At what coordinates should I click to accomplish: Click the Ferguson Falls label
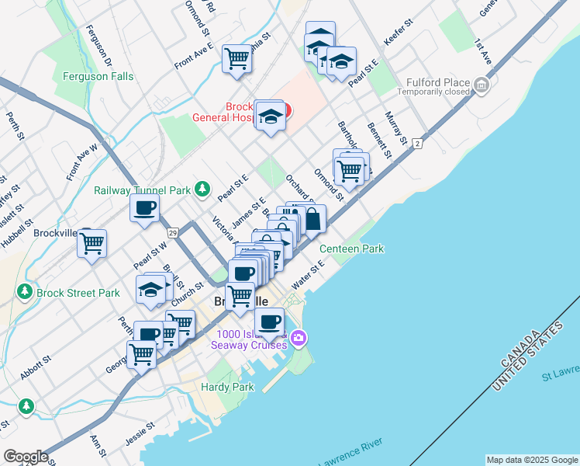[x=98, y=77]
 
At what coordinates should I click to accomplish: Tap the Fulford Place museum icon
[x=482, y=84]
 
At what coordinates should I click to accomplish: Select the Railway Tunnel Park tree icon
[x=202, y=189]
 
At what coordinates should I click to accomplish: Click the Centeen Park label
[x=353, y=249]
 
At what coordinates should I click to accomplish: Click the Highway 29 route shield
[x=173, y=233]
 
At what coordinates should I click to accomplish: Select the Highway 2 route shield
[x=417, y=144]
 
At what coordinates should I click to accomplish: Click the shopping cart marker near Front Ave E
[x=236, y=58]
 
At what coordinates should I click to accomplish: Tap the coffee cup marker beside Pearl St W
[x=145, y=208]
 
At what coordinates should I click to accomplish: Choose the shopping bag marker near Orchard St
[x=312, y=219]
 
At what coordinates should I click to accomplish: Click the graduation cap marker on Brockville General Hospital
[x=270, y=116]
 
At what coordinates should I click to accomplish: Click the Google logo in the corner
[x=26, y=457]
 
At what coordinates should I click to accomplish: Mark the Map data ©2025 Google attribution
[x=531, y=460]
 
